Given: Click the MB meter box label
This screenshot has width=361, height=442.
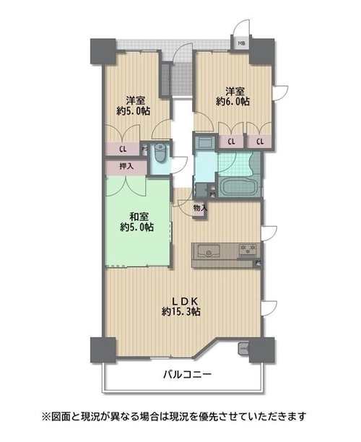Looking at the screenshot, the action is [242, 43].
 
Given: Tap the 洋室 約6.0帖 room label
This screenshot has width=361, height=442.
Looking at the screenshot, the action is [232, 96].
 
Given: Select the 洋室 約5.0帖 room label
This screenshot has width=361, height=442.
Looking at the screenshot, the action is [134, 105].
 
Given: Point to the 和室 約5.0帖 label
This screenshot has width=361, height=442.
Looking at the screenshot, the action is [137, 222].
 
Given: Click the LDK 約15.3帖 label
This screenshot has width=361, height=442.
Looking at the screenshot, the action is [181, 306].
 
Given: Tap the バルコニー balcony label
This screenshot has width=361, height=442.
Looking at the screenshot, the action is [188, 375].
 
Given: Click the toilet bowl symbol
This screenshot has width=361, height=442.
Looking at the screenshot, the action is [160, 154].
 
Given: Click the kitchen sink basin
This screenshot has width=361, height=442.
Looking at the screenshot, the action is [209, 251].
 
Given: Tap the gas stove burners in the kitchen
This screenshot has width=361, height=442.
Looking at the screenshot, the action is [248, 249].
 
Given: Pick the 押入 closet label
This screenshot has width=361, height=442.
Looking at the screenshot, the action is [126, 166].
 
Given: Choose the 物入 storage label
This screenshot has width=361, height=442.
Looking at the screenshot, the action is [201, 208].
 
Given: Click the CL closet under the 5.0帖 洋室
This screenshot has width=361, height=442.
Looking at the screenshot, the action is [123, 149].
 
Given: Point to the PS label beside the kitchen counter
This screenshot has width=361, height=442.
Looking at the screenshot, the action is [258, 262].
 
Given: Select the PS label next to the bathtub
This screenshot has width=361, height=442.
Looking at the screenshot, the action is [213, 194].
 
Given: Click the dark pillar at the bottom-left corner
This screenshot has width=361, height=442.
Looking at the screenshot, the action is [103, 350].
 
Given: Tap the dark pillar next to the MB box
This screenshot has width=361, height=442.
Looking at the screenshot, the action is [262, 51].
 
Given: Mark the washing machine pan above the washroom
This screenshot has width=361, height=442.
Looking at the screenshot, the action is [205, 142].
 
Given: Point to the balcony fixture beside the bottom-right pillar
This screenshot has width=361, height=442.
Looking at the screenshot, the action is [243, 349].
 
